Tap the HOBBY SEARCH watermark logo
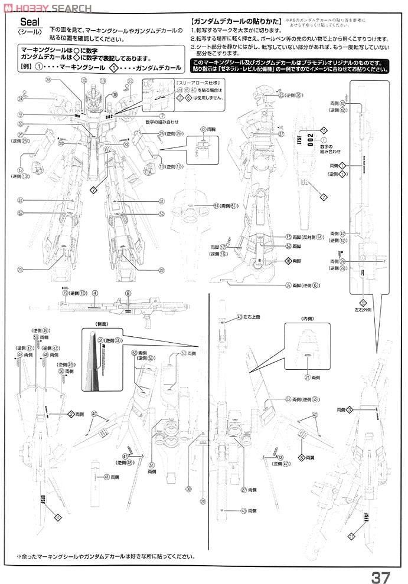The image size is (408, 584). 47,8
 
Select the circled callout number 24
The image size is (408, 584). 21,99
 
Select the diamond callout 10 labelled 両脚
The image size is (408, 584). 288,260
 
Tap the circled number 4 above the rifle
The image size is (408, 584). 94,293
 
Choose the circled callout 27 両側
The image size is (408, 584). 243,489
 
